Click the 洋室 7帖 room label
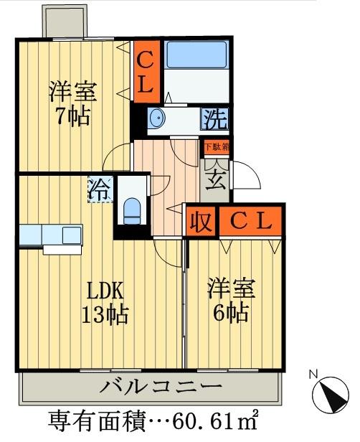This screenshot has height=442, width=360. coord(72,104)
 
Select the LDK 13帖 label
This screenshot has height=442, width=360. coord(105,303)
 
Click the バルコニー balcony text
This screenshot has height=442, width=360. coord(159,387)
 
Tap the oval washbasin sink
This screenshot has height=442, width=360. coord(158,118)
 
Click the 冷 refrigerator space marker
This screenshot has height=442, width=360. coord(100,190)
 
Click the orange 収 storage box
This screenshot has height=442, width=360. coord(201,222)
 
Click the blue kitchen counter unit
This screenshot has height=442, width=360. coord(50,235)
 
